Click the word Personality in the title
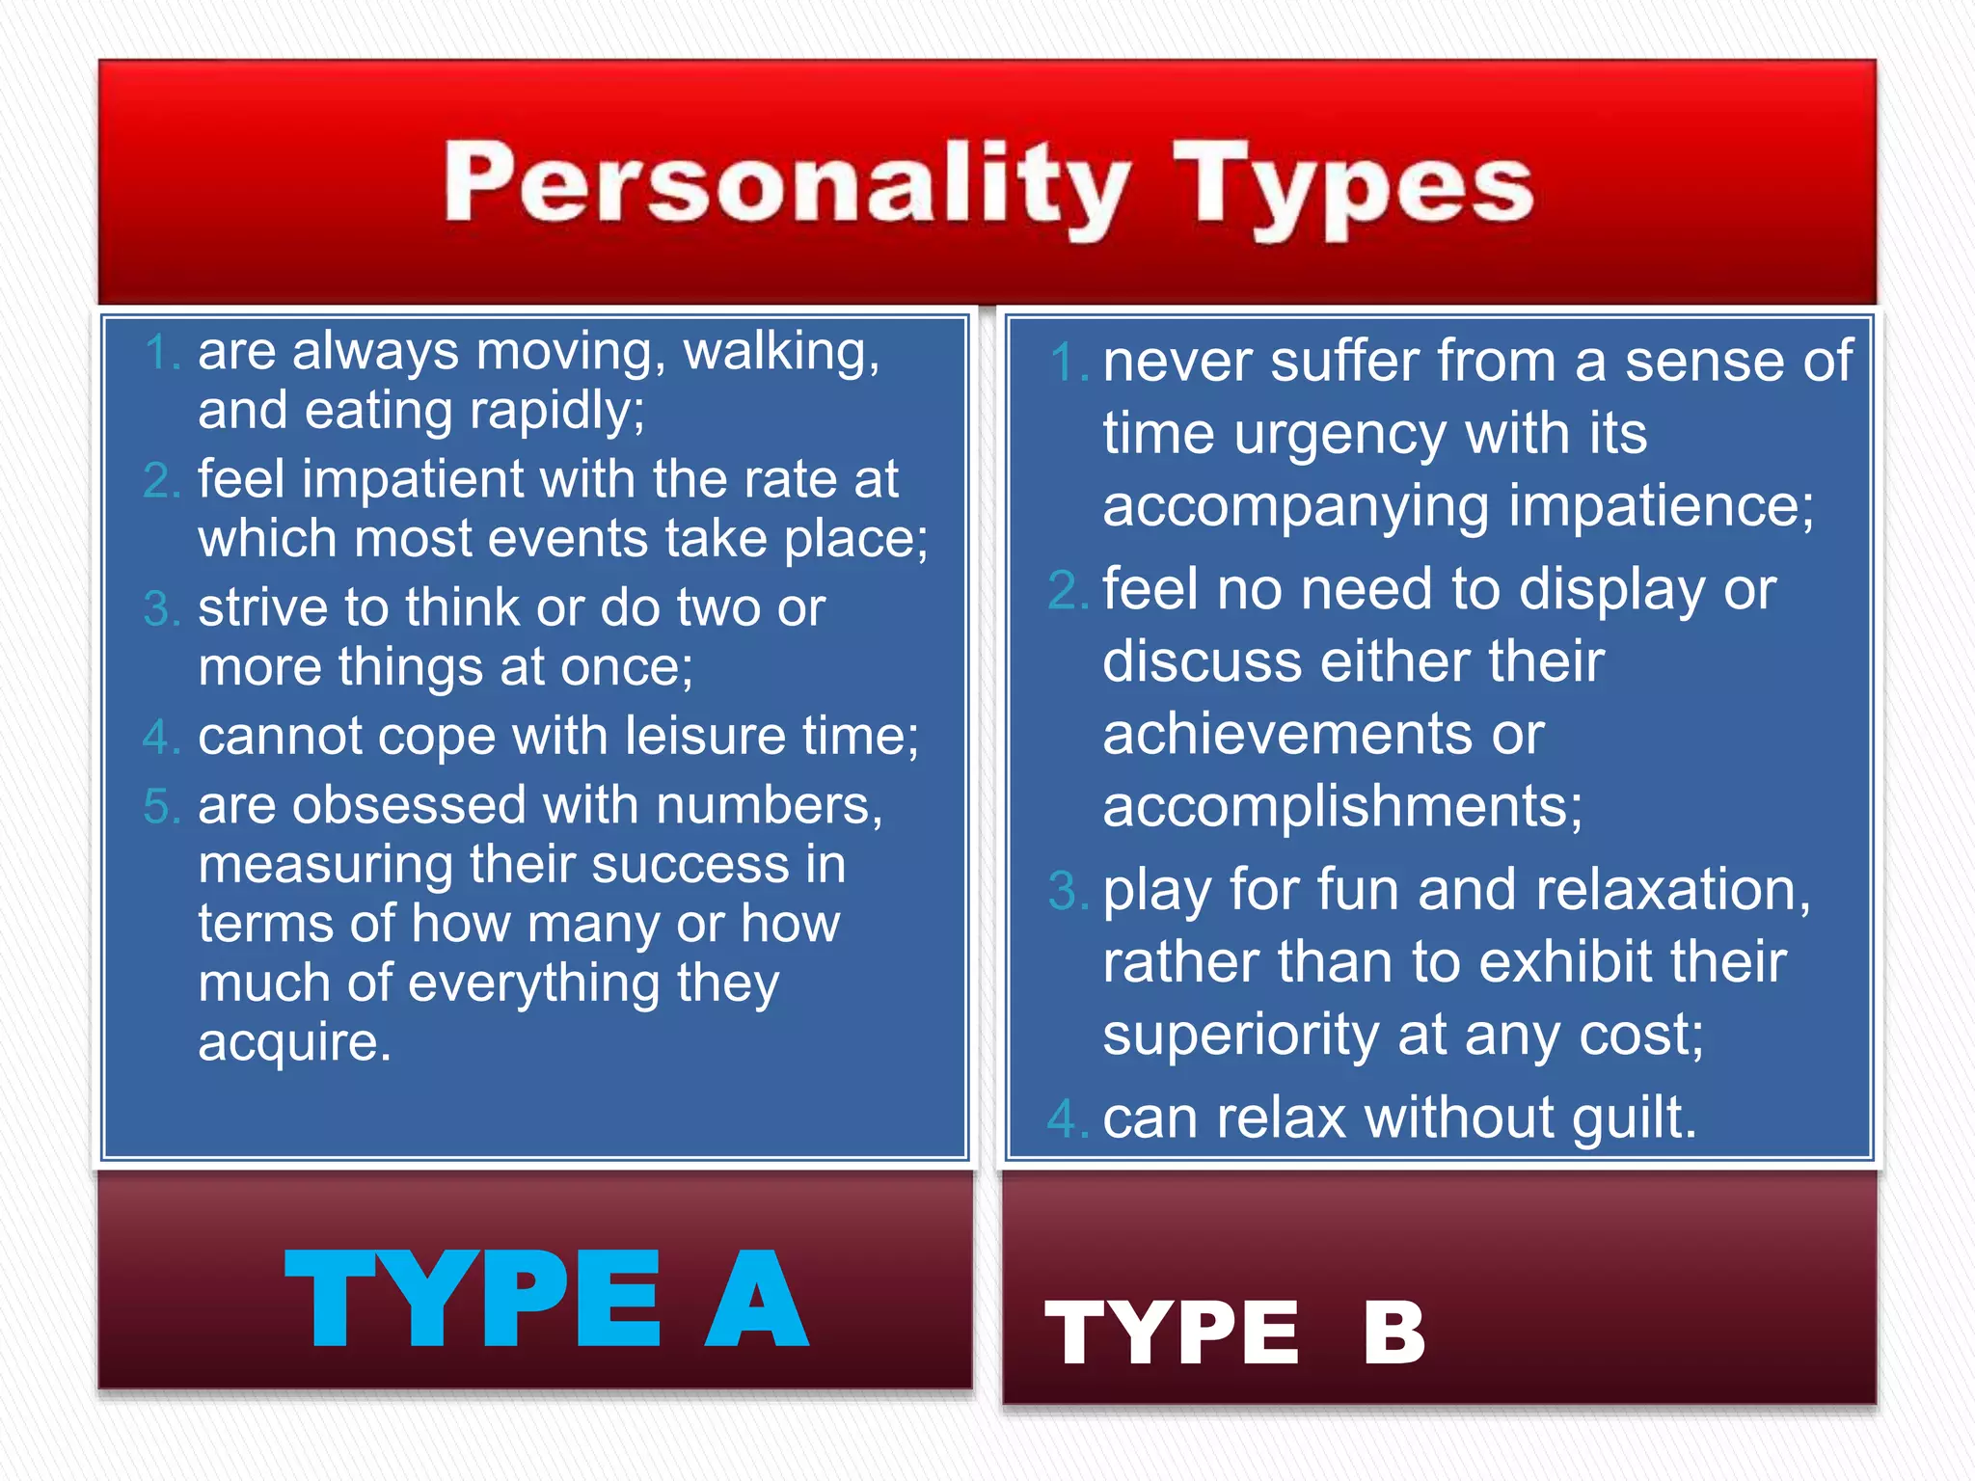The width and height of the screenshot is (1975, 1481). [786, 183]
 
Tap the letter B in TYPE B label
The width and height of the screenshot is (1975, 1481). [1393, 1333]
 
